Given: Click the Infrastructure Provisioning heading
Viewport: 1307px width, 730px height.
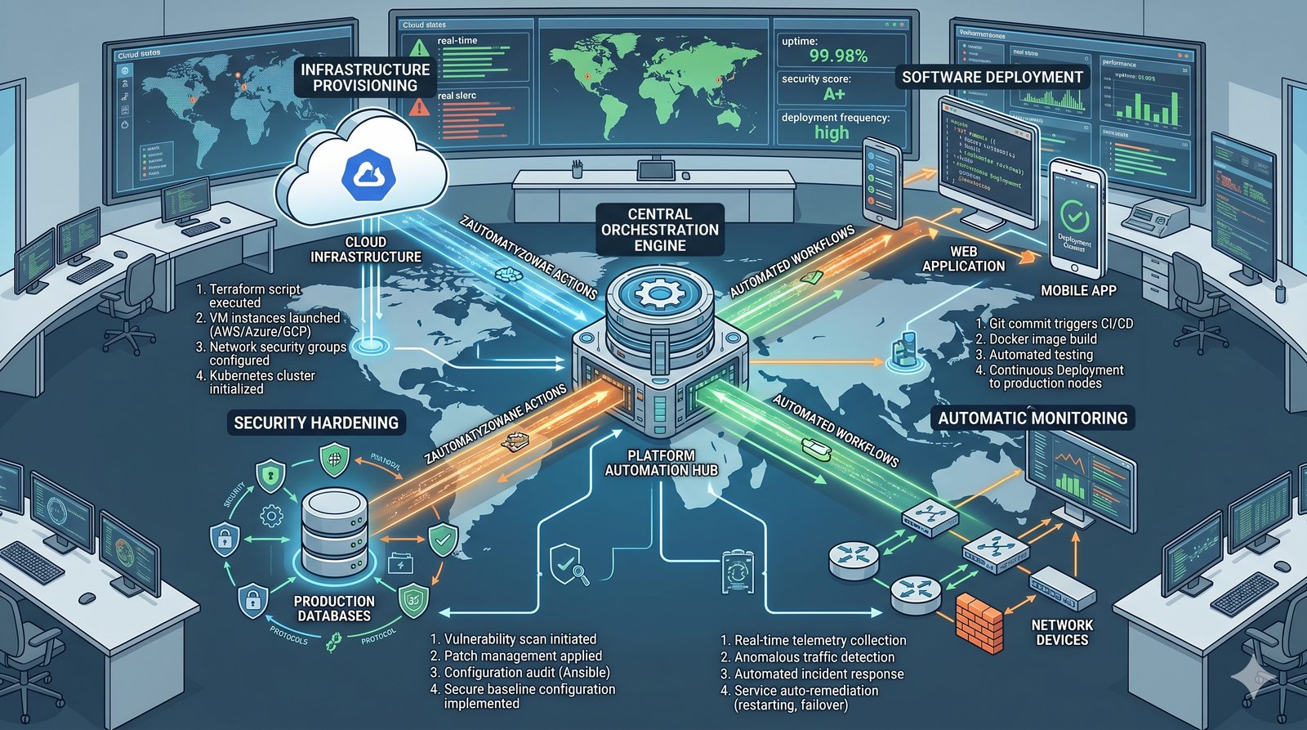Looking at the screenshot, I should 364,78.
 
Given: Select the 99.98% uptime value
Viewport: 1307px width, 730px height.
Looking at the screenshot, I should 837,56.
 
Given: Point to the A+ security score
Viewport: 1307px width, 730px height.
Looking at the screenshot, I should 834,94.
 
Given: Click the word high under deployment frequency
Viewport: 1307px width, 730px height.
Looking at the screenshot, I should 832,132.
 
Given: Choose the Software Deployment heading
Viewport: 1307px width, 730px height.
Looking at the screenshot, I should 992,78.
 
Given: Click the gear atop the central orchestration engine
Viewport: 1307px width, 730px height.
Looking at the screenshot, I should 659,291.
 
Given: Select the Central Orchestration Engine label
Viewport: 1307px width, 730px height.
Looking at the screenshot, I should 660,229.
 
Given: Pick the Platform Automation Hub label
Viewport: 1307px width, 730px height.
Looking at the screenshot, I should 661,463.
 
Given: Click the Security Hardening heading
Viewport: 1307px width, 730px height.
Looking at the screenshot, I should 316,423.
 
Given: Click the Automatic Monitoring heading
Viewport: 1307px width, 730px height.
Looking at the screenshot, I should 1033,419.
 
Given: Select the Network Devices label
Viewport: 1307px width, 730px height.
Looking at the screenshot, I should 1062,632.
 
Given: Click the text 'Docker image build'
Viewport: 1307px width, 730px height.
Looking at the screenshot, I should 1042,339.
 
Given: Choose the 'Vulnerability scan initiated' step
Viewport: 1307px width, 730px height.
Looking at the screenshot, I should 520,639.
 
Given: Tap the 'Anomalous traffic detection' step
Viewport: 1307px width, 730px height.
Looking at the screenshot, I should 814,657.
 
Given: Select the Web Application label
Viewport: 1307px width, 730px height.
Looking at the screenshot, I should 963,258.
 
